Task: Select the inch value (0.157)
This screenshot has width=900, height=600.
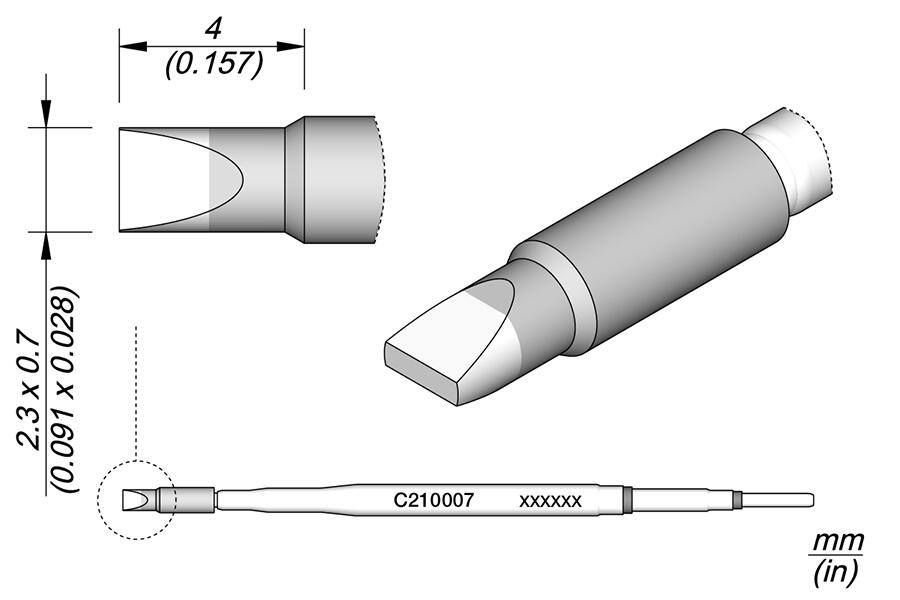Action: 212,65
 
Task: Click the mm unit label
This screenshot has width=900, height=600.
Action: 836,542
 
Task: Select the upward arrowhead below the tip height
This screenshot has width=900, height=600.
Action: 45,245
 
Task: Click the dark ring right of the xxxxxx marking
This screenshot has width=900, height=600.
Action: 628,499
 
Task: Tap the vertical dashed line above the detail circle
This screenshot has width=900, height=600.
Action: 134,390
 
